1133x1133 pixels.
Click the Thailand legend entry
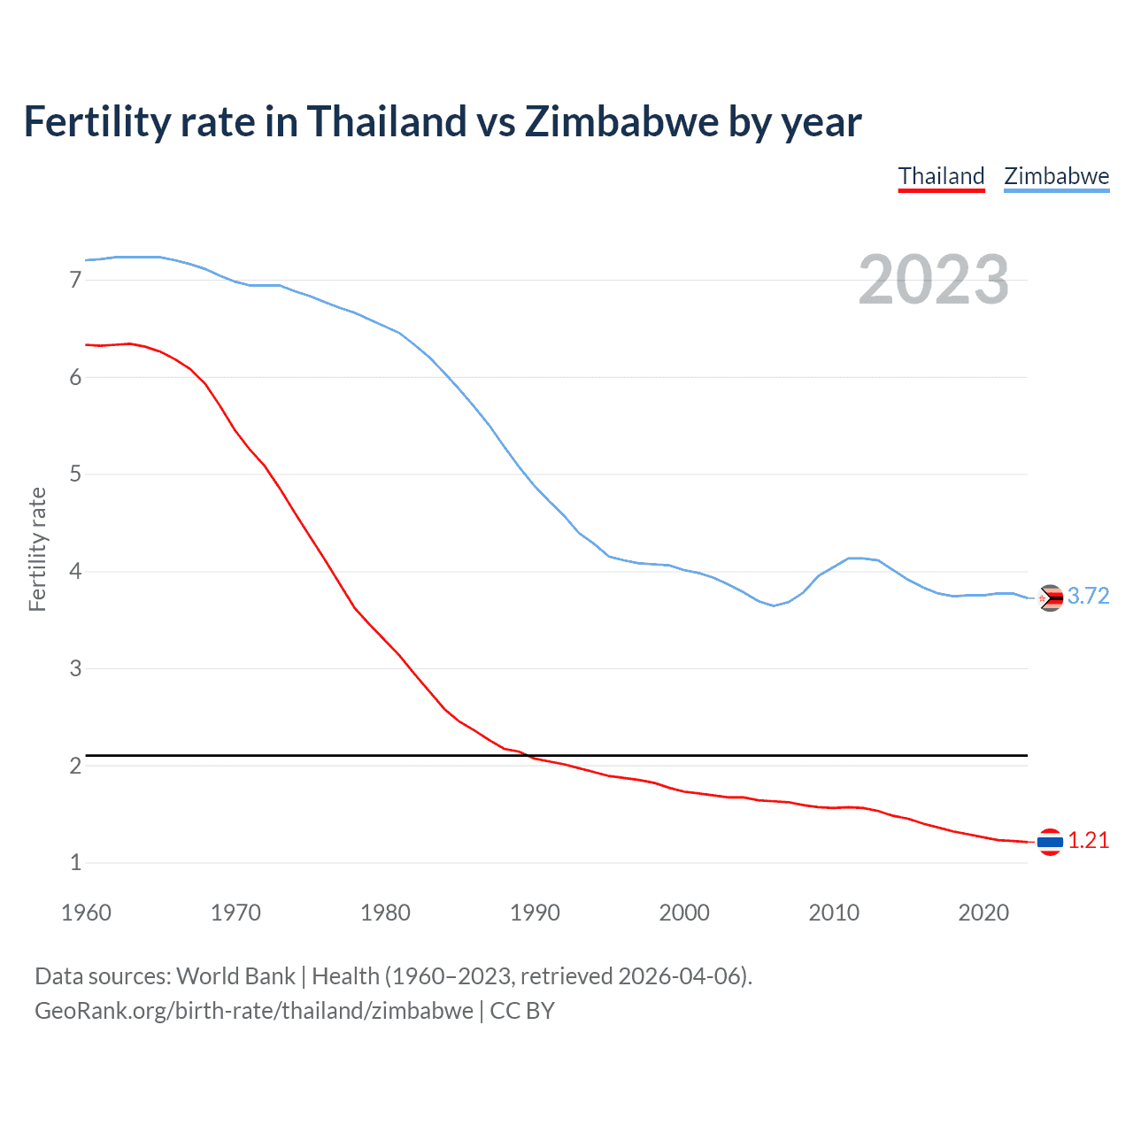[x=941, y=176]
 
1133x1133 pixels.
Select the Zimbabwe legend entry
[x=1056, y=176]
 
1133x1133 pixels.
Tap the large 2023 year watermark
[x=933, y=280]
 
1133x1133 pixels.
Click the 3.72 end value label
[x=1088, y=597]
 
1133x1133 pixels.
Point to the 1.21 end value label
[x=1088, y=841]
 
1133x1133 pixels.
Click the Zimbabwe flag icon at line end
[x=1050, y=599]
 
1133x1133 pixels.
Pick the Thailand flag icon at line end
[x=1050, y=842]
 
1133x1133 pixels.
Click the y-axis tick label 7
[x=75, y=281]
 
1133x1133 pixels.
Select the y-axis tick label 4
[x=75, y=572]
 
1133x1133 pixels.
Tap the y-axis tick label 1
[x=75, y=863]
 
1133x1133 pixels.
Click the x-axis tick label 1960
[x=86, y=913]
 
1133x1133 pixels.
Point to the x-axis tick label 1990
[x=535, y=913]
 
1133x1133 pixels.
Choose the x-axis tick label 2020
[x=983, y=913]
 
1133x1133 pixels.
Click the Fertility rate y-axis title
[x=37, y=549]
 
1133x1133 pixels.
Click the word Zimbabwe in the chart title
[x=621, y=122]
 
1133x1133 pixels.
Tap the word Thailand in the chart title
[x=386, y=122]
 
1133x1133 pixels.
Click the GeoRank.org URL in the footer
[x=254, y=1011]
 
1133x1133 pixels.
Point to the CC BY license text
[x=522, y=1011]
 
